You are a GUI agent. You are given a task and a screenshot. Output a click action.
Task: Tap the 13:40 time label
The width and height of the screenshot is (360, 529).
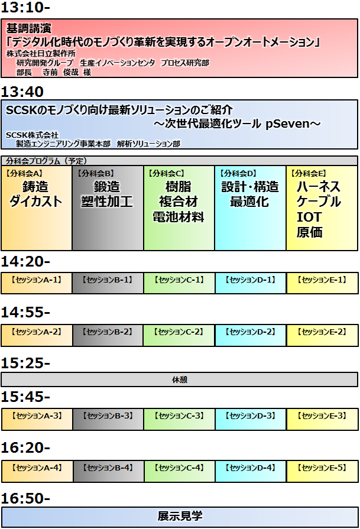tap(23, 92)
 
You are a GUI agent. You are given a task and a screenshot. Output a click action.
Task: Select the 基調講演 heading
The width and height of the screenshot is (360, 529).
tap(28, 28)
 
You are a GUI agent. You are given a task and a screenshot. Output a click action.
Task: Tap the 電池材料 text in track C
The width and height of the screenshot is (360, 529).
tap(179, 217)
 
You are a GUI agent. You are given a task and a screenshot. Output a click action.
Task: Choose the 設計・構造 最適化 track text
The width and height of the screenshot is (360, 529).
tap(249, 194)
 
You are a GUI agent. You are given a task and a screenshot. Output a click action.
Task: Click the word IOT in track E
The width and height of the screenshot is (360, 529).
tap(309, 217)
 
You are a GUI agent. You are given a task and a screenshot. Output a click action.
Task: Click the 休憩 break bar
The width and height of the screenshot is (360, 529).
tap(179, 379)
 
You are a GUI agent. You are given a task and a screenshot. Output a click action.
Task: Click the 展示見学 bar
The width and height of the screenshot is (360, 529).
tap(179, 516)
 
